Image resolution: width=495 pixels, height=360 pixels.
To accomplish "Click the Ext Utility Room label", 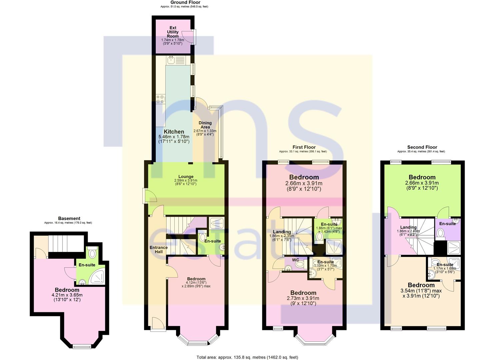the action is (173, 32).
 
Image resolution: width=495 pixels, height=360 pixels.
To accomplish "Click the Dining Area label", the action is (205, 125).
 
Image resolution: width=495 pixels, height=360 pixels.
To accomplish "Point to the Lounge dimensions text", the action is (186, 182).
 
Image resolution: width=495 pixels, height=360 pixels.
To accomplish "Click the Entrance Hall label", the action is (158, 250).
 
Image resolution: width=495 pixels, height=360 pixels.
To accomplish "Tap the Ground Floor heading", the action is (185, 2).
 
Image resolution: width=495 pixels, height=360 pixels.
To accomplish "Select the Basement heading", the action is (69, 218).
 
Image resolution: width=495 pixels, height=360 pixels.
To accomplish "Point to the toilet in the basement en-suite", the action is (92, 253).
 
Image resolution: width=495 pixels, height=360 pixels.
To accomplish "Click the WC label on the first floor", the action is (295, 260).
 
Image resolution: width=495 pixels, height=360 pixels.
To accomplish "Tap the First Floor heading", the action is (304, 147).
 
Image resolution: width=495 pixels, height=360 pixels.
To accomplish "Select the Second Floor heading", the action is (422, 147).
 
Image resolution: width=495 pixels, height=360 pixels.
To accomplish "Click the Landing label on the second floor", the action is (408, 227).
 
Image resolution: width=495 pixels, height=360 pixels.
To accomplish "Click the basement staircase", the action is (66, 244).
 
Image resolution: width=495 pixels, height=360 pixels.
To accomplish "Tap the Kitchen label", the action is (174, 131).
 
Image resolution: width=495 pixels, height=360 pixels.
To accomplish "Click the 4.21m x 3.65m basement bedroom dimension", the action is (67, 295).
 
